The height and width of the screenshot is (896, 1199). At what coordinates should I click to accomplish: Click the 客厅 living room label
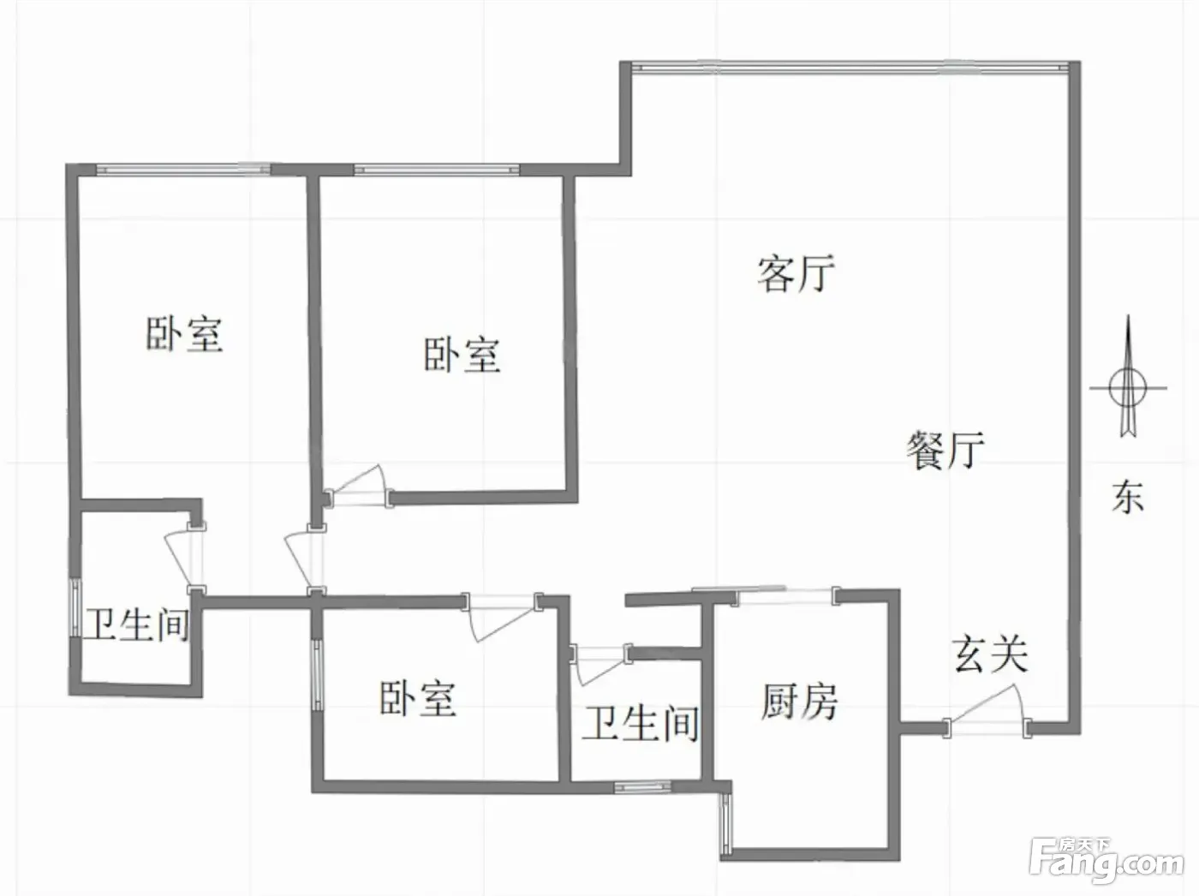pos(796,273)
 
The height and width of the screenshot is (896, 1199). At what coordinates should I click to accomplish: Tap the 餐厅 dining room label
pos(945,450)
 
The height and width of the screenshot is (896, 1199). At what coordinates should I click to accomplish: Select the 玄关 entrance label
pos(990,654)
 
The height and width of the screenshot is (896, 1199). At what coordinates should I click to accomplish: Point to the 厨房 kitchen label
pos(799,702)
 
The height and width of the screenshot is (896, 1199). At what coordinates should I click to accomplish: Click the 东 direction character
pos(1128,497)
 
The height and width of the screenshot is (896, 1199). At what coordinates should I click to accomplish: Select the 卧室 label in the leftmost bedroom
pos(185,334)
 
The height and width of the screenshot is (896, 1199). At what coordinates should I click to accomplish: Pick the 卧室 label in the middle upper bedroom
pos(462,355)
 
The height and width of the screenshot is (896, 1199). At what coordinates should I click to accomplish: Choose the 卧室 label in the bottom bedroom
pos(418,698)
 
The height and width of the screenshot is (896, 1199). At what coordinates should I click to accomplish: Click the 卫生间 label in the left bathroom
pos(138,624)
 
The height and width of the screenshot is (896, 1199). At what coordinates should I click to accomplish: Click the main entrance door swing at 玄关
pos(987,710)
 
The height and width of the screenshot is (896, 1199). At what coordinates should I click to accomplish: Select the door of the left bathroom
pos(186,559)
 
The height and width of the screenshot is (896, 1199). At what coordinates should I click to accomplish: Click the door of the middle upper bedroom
pos(358,487)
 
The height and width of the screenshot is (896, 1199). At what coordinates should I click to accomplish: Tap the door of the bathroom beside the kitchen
pos(601,665)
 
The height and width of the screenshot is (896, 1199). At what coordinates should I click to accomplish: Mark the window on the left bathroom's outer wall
pos(76,606)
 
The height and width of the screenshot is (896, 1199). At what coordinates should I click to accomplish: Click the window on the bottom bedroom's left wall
pos(318,675)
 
